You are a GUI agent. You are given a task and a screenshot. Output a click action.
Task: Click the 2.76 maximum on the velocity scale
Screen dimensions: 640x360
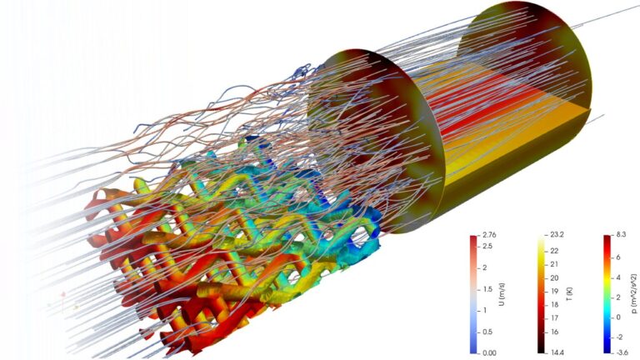coord(489,236)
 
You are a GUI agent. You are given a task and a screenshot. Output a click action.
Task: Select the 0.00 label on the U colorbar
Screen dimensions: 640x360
coord(489,353)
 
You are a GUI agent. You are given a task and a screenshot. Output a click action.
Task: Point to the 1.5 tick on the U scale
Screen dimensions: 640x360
coord(487,289)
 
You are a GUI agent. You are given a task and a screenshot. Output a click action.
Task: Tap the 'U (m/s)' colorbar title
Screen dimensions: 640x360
coord(502,295)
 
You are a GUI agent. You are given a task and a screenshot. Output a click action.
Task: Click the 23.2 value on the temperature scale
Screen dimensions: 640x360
coord(557,236)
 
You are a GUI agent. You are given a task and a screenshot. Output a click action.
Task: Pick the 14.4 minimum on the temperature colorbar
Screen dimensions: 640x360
coord(557,353)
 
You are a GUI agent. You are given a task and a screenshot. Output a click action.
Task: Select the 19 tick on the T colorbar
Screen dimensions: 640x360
coord(554,292)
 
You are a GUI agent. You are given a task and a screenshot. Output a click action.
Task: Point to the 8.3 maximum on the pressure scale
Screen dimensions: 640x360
coord(622,236)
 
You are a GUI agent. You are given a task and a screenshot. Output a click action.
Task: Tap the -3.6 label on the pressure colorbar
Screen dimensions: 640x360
coord(622,353)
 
